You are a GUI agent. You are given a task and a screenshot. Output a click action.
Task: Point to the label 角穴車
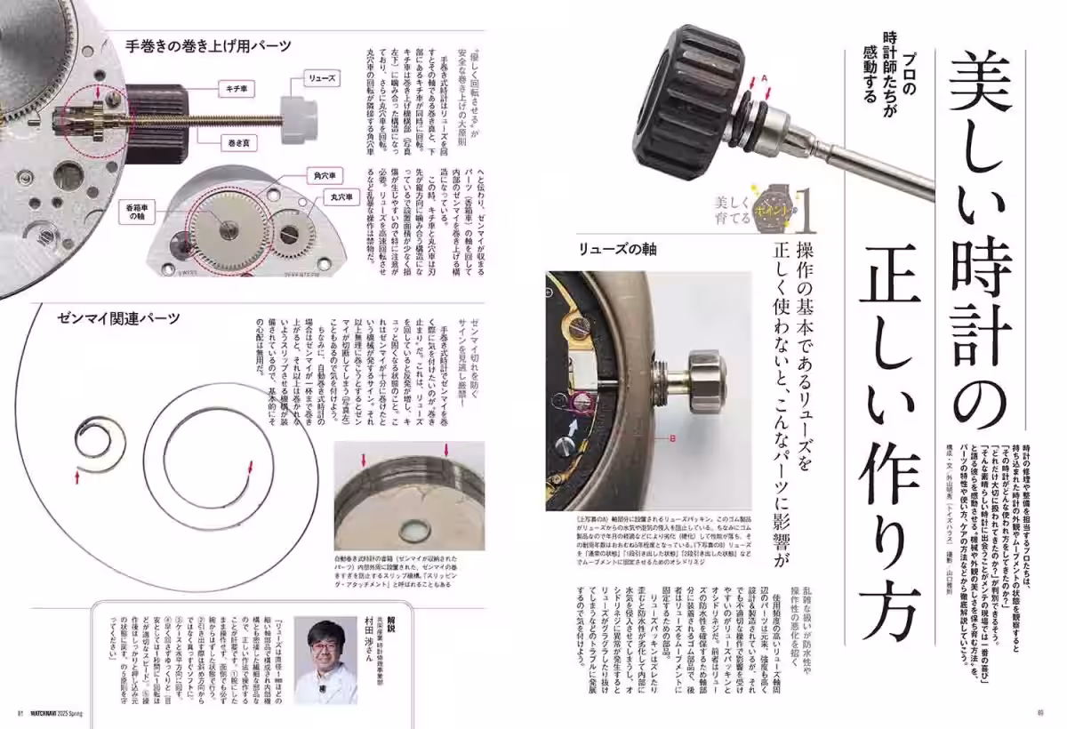click(322, 175)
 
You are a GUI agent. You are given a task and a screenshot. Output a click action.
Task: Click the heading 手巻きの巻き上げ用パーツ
click(207, 44)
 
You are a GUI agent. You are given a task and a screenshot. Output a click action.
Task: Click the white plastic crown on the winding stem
click(301, 112)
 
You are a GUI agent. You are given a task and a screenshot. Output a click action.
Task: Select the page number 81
click(20, 712)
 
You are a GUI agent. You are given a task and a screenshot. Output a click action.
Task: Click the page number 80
click(1039, 712)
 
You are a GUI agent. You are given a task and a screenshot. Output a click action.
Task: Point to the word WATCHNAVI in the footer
click(46, 712)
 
